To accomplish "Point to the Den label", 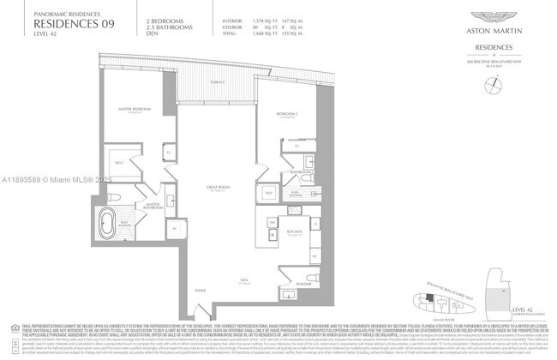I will tap(244, 280).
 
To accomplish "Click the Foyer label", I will tap(201, 290).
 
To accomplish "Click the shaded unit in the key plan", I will tap(425, 299).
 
